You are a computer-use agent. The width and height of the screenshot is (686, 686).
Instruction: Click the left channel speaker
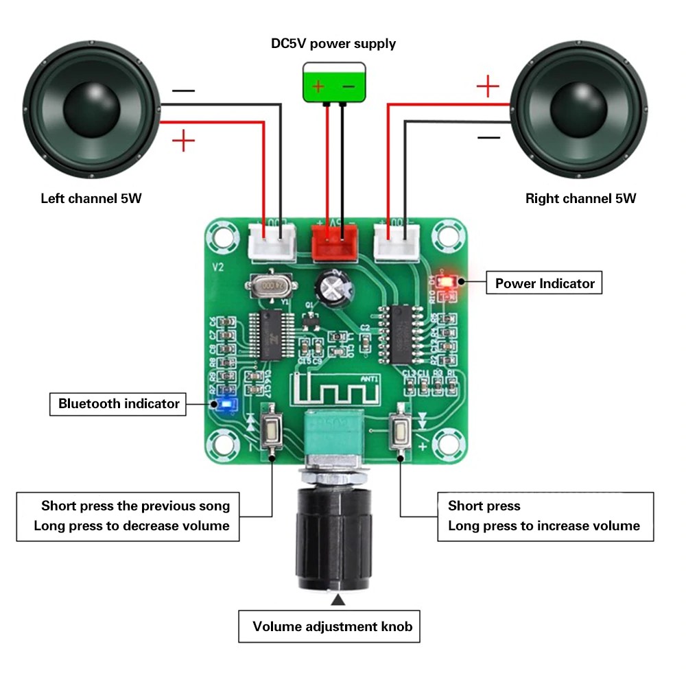pyautogui.click(x=93, y=110)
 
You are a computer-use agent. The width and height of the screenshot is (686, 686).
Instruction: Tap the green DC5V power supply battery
pyautogui.click(x=334, y=82)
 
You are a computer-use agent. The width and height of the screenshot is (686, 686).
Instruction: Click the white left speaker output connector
pyautogui.click(x=273, y=242)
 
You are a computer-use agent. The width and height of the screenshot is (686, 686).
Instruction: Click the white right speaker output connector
pyautogui.click(x=397, y=242)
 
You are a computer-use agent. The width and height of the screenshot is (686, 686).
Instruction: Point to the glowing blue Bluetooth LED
pyautogui.click(x=225, y=405)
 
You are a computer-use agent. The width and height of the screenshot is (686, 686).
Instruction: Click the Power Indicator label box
pyautogui.click(x=544, y=283)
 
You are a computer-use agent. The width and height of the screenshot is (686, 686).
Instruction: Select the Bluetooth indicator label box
pyautogui.click(x=118, y=403)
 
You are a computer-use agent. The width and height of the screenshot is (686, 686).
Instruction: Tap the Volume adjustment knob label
pyautogui.click(x=332, y=626)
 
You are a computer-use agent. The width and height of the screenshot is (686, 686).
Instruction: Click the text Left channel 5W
pyautogui.click(x=91, y=199)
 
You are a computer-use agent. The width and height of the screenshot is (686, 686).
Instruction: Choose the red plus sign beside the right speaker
pyautogui.click(x=487, y=86)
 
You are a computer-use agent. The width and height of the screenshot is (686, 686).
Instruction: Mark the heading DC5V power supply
pyautogui.click(x=333, y=44)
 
